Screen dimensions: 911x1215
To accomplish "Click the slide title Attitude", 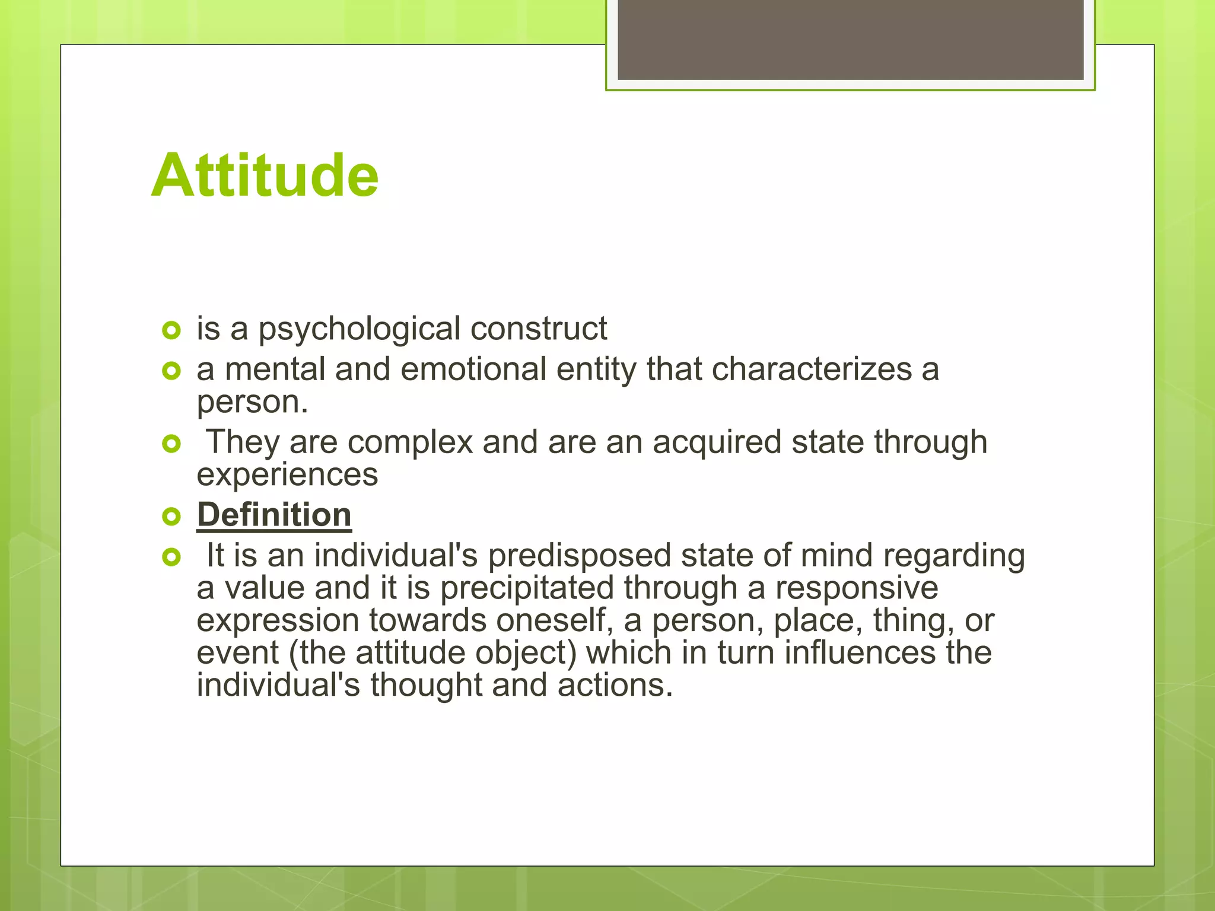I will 265,176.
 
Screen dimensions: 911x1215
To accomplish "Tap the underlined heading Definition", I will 274,515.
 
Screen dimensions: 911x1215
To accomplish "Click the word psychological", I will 359,329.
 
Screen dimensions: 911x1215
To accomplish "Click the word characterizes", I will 812,370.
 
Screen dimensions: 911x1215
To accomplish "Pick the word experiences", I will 287,474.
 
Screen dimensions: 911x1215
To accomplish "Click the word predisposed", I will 580,556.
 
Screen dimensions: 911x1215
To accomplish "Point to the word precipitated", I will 526,588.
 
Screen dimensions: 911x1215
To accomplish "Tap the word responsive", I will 857,588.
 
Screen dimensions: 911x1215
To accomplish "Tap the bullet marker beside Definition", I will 171,517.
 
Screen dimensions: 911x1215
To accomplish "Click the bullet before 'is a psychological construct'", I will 171,330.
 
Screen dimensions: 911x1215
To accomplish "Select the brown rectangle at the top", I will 850,40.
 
